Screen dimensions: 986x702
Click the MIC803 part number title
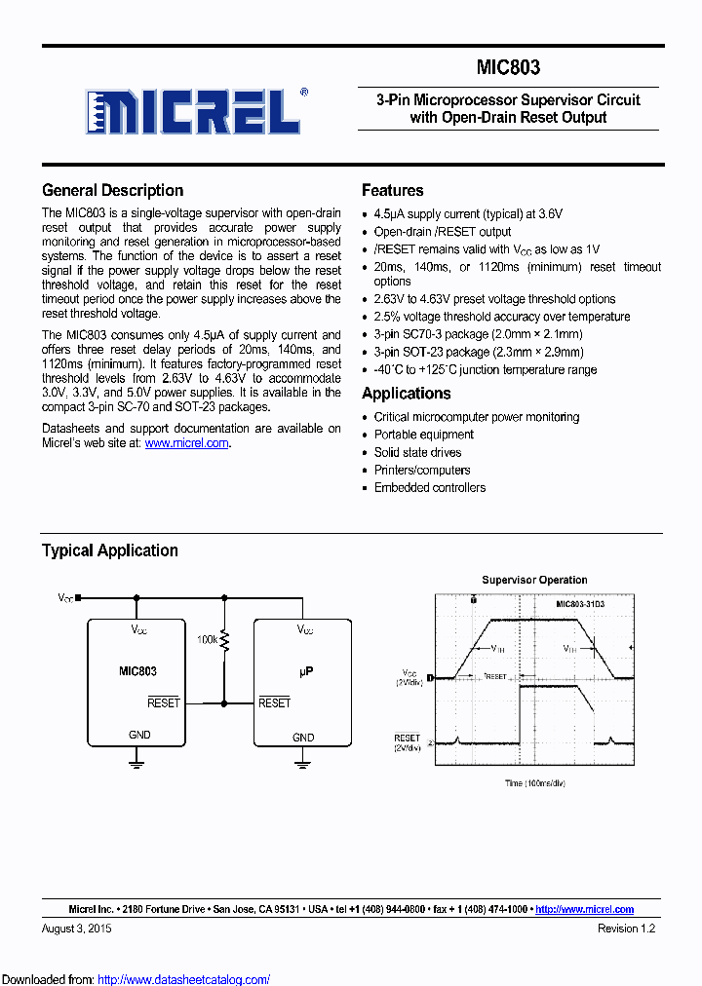point(508,68)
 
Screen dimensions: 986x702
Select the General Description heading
point(112,190)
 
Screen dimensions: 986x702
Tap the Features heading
point(392,190)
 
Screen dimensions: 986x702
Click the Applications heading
point(406,393)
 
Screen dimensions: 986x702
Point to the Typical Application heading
point(109,550)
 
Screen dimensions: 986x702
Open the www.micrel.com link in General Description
point(187,443)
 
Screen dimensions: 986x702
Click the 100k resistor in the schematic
point(224,640)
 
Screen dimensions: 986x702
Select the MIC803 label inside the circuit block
point(137,671)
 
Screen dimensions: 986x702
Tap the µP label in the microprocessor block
point(304,671)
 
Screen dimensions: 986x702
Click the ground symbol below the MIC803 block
point(137,766)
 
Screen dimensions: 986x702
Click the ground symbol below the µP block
point(304,766)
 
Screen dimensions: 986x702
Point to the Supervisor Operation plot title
point(534,580)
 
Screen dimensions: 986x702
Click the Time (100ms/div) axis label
point(535,782)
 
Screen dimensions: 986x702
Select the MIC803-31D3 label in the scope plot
point(580,605)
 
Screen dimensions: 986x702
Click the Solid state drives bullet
point(417,452)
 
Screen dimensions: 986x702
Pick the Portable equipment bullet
point(423,435)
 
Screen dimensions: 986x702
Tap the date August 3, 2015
point(77,929)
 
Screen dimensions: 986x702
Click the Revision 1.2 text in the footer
point(626,929)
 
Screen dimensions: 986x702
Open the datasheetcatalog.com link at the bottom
point(183,979)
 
